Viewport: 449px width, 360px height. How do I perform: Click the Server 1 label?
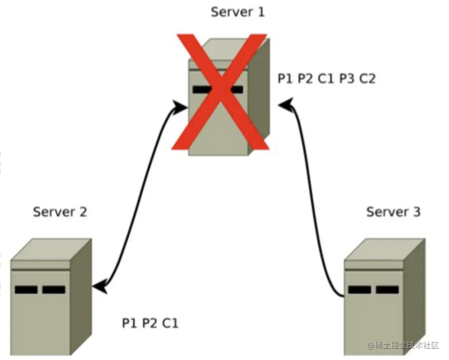(238, 12)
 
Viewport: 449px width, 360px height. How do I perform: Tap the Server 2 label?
(60, 212)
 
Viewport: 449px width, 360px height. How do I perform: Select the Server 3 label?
(394, 212)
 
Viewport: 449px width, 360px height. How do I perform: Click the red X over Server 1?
(220, 92)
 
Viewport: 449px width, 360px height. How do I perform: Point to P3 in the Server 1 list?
(347, 78)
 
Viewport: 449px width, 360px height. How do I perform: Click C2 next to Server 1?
(367, 78)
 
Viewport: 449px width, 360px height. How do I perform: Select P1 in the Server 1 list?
(285, 78)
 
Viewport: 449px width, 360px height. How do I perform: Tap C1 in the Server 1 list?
(326, 78)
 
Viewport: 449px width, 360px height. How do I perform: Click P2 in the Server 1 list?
(306, 78)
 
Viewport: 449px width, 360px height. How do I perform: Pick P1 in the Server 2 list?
(129, 323)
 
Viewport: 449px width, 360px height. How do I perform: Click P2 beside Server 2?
(150, 323)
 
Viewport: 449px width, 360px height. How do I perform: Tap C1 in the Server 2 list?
(170, 323)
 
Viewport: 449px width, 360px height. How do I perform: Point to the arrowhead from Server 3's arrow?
(285, 105)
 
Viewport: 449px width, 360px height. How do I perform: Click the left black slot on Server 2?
(26, 290)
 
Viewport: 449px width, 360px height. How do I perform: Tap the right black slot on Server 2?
(54, 290)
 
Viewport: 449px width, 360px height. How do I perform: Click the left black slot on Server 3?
(360, 290)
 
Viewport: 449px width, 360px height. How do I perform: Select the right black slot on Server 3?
(387, 290)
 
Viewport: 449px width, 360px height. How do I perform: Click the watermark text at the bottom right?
(403, 345)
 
